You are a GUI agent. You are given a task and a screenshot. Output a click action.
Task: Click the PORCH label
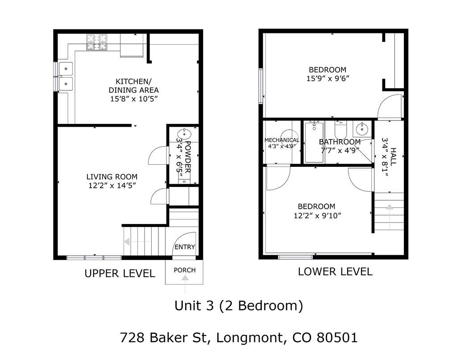coord(185,270)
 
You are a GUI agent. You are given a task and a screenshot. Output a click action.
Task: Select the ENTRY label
coord(185,247)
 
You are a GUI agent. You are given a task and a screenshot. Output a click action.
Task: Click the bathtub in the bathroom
coord(314,142)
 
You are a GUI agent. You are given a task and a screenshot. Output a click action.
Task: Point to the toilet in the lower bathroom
coord(340,129)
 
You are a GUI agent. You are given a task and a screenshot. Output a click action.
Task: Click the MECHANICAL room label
coord(282,140)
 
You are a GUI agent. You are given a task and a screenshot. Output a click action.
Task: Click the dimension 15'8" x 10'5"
coord(134,99)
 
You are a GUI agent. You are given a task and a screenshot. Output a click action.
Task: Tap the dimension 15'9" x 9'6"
coord(328,79)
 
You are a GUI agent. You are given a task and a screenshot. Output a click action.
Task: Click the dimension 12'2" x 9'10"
coord(316,215)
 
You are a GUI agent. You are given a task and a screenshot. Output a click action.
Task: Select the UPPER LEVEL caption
coord(120,273)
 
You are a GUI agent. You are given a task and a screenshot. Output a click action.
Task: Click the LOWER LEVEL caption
coord(335,271)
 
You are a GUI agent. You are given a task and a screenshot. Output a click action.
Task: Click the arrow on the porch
coord(185,279)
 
